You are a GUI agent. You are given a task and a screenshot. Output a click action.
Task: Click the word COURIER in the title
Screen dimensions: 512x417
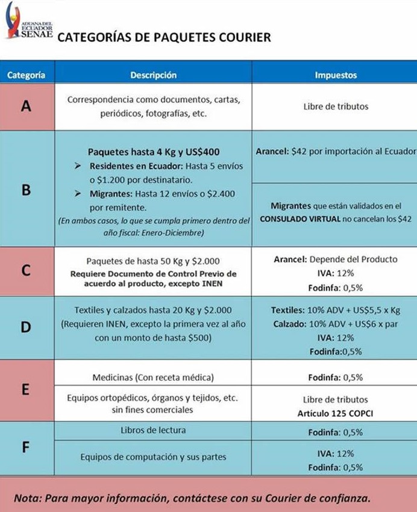pyautogui.click(x=245, y=37)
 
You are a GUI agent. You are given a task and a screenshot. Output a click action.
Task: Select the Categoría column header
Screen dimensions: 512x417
pyautogui.click(x=26, y=75)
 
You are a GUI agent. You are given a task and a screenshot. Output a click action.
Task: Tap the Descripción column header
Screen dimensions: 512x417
pyautogui.click(x=153, y=75)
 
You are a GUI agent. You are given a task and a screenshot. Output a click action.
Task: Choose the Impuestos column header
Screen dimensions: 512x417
pyautogui.click(x=336, y=75)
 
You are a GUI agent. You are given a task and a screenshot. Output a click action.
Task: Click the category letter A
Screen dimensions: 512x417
pyautogui.click(x=26, y=106)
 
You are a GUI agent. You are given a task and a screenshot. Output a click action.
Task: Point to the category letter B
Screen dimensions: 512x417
pyautogui.click(x=26, y=190)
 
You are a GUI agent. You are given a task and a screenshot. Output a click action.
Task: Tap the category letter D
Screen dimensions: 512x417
pyautogui.click(x=26, y=327)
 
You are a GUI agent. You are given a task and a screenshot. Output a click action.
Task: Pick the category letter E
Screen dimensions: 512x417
pyautogui.click(x=26, y=389)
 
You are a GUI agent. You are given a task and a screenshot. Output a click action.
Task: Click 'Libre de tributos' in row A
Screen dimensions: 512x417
pyautogui.click(x=336, y=106)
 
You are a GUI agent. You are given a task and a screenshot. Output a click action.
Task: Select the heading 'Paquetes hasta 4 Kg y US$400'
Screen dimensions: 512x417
pyautogui.click(x=154, y=152)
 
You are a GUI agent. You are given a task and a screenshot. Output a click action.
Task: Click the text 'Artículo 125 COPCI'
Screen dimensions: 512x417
pyautogui.click(x=336, y=413)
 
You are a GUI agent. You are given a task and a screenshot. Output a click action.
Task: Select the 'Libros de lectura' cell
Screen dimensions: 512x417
pyautogui.click(x=153, y=430)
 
